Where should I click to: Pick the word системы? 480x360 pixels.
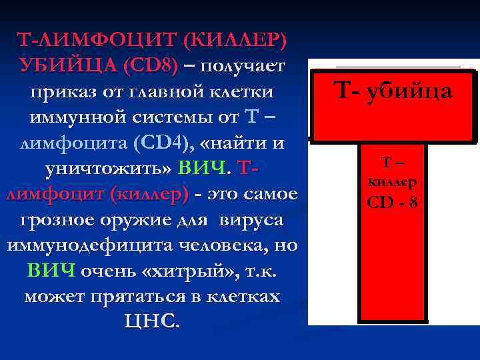pyautogui.click(x=163, y=118)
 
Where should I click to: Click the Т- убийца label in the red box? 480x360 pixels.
pyautogui.click(x=393, y=91)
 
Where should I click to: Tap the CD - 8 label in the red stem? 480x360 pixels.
pyautogui.click(x=393, y=200)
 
